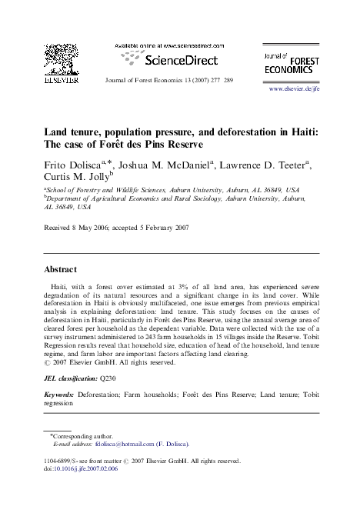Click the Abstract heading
65,270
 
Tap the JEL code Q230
108,379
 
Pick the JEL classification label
68,379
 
